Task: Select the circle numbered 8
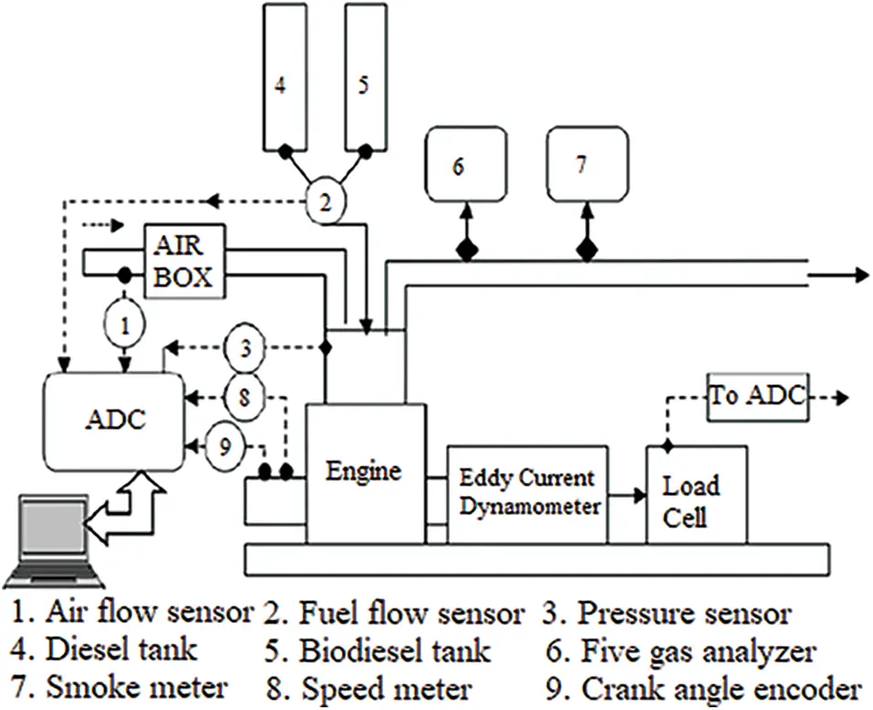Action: (x=243, y=395)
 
